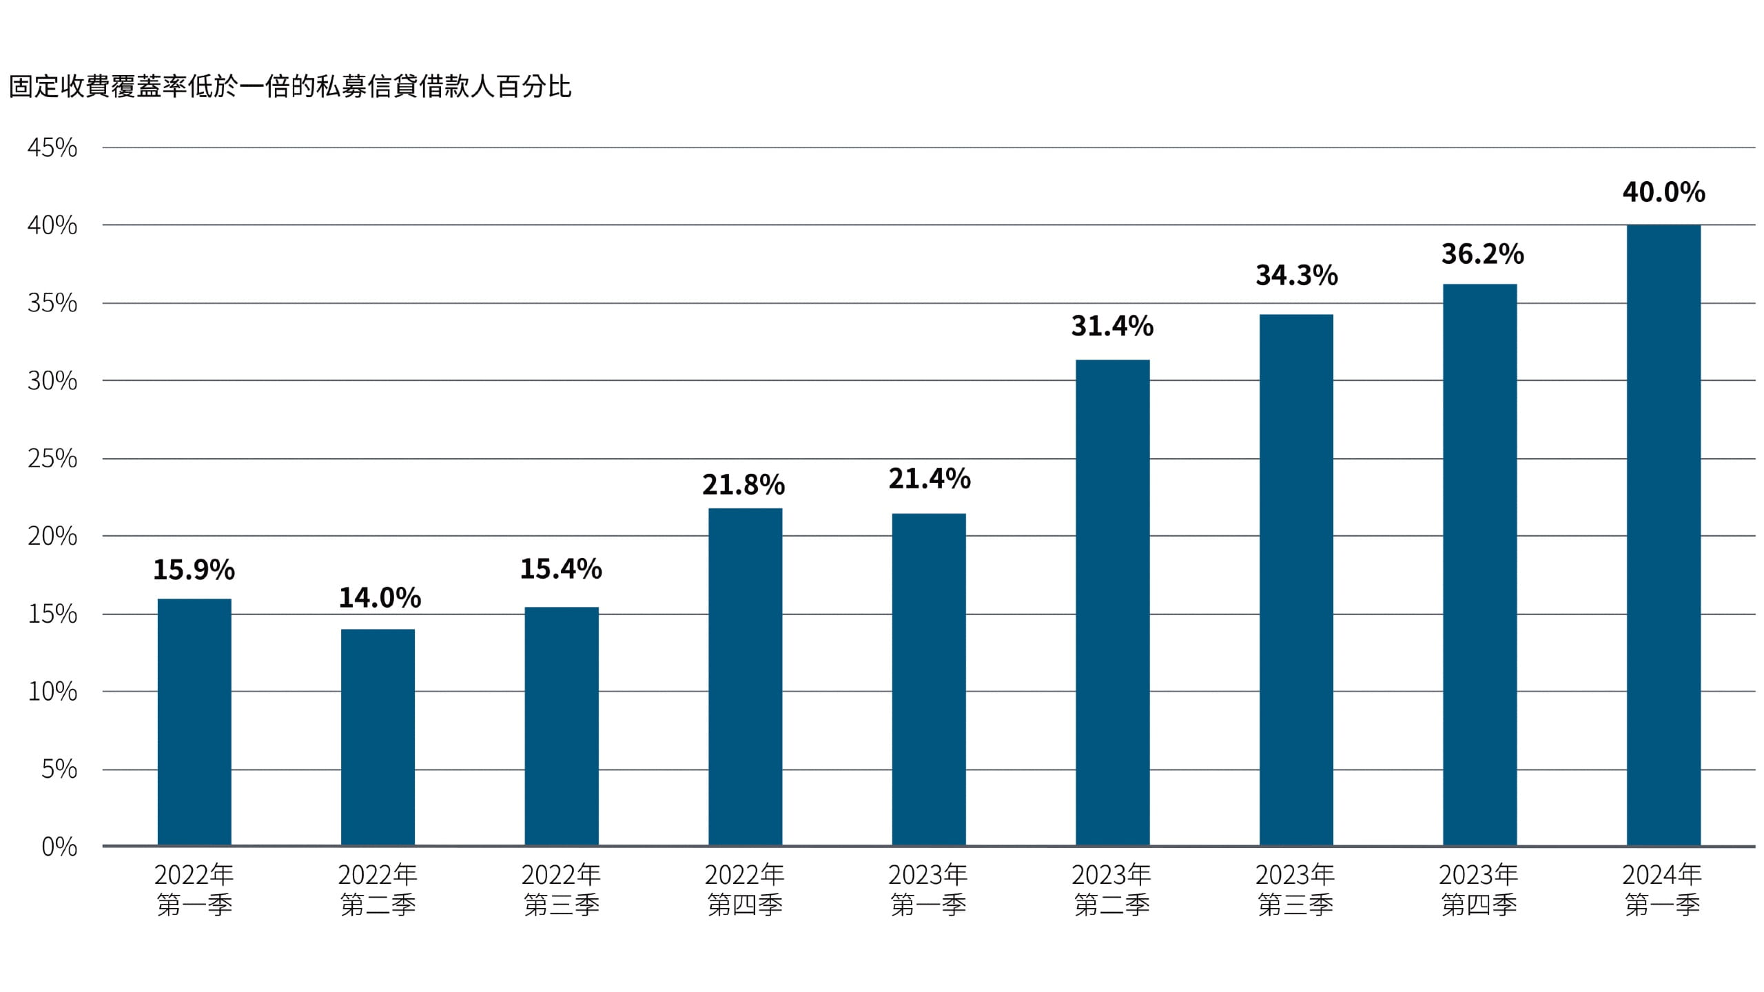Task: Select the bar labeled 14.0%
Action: pos(378,737)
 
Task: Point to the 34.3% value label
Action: pos(1296,276)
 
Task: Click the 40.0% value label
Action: pos(1663,192)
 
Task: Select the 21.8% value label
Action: pos(743,485)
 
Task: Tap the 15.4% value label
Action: pos(561,569)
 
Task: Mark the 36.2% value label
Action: pos(1482,254)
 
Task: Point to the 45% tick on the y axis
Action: pos(52,147)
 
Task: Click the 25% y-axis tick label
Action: pos(52,459)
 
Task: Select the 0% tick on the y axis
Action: pos(59,847)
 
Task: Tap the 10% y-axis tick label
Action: pos(52,692)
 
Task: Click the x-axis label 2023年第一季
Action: pos(928,889)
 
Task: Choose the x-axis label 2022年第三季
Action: pos(561,889)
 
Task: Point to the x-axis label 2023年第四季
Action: pos(1479,889)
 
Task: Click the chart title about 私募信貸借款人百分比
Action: pos(290,87)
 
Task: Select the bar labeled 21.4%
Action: pos(928,679)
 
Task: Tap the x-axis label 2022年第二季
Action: pos(378,889)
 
